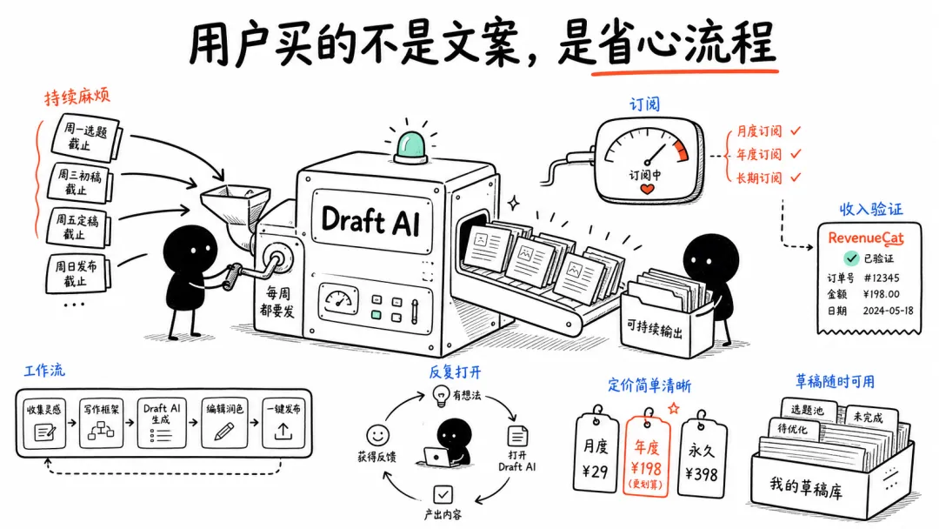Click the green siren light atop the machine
[410, 147]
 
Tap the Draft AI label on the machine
[371, 220]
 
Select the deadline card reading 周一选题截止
[85, 137]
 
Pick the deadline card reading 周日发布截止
[77, 273]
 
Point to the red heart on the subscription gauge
[648, 190]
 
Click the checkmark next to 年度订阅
[796, 154]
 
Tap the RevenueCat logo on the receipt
[865, 238]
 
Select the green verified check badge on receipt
[851, 258]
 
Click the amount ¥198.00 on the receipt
[881, 294]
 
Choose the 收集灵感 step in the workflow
[44, 423]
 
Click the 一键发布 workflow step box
[283, 423]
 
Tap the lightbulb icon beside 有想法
[442, 396]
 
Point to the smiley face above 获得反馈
[377, 435]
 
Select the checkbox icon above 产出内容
[443, 494]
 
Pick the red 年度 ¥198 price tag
[647, 452]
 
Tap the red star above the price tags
[674, 408]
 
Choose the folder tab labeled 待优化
[793, 430]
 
